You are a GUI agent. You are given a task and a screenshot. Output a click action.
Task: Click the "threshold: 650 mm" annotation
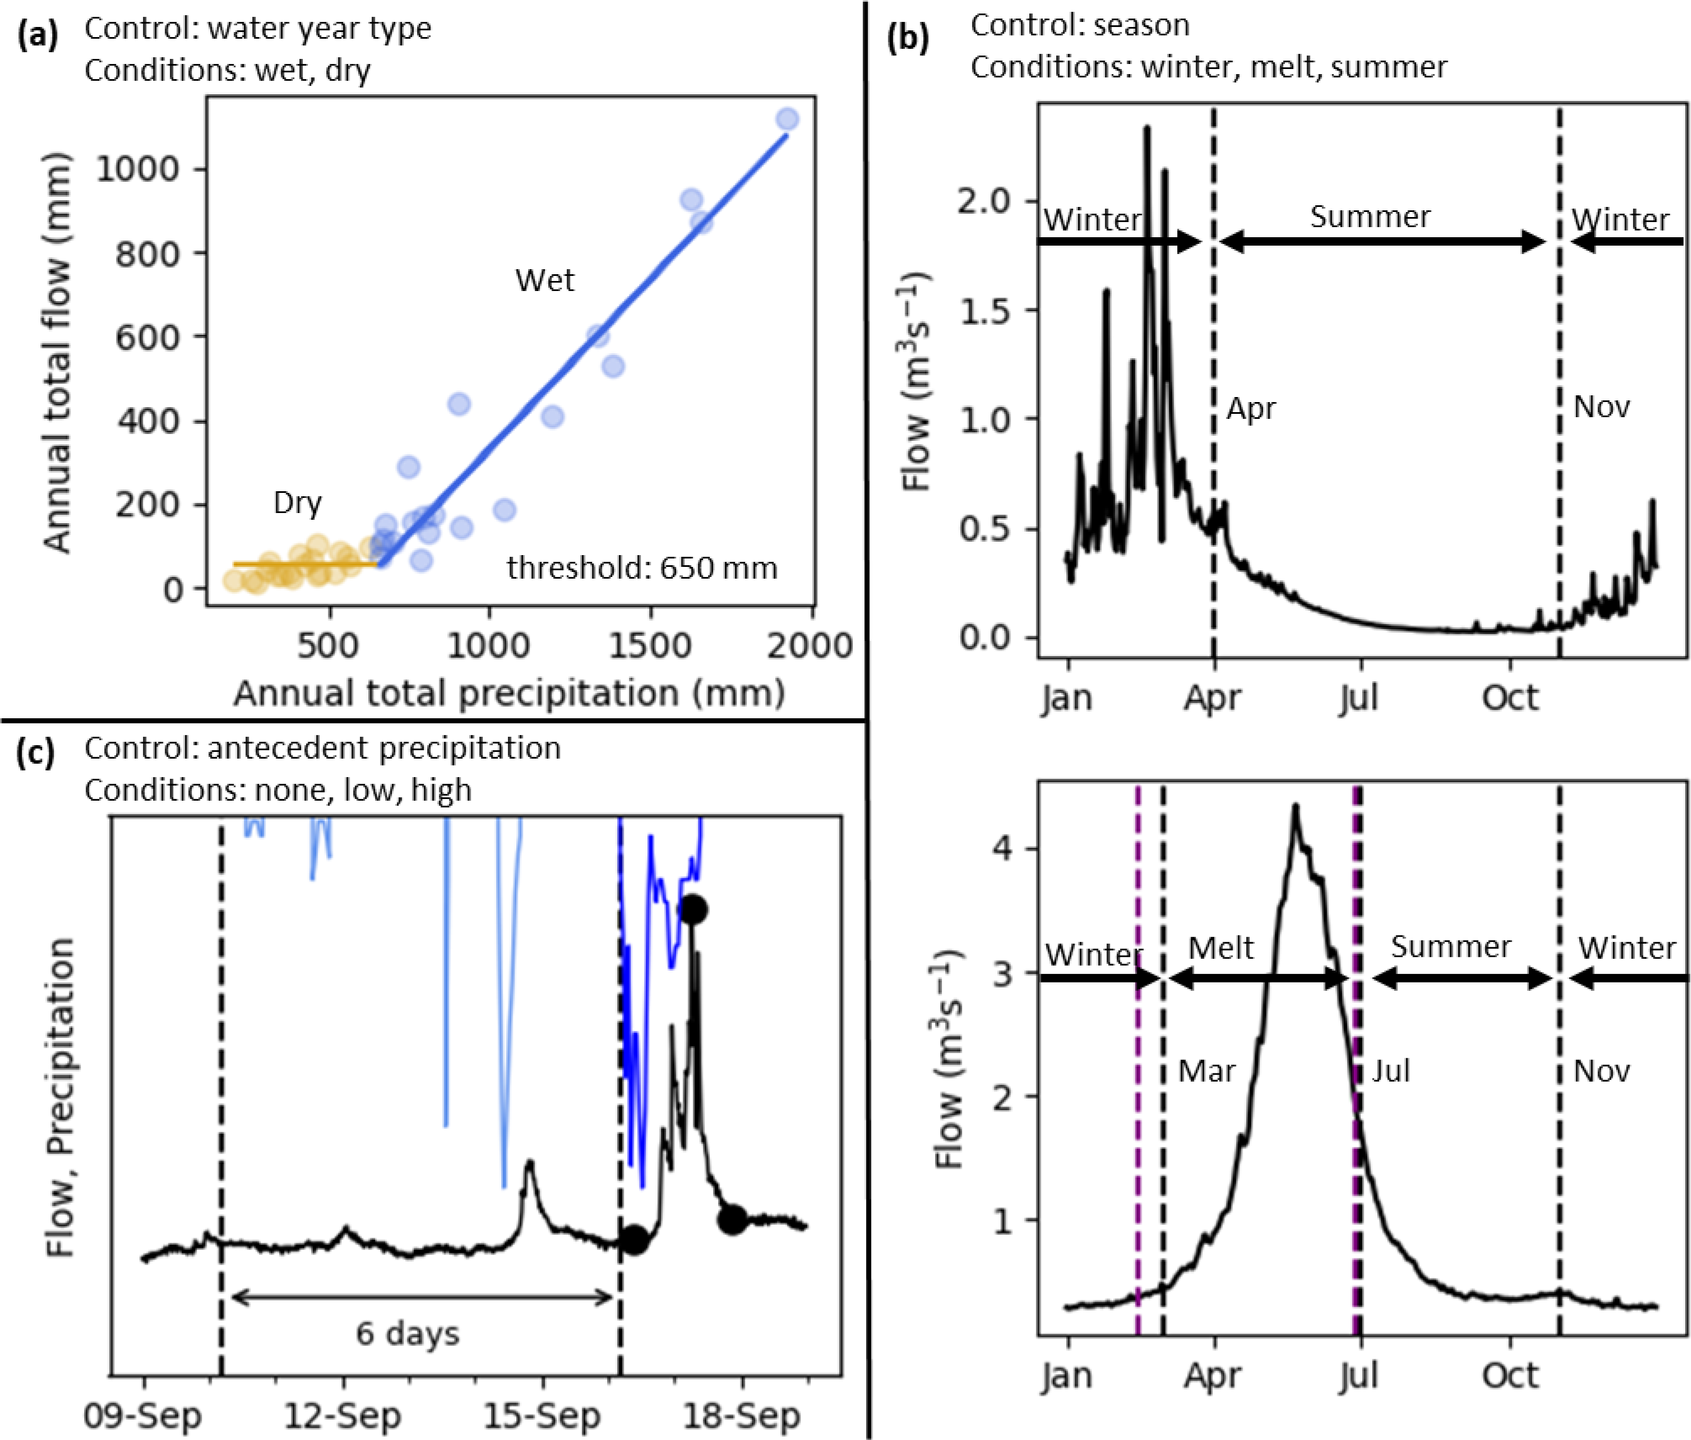pyautogui.click(x=642, y=569)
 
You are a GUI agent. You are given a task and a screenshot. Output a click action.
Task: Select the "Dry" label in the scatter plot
pyautogui.click(x=298, y=503)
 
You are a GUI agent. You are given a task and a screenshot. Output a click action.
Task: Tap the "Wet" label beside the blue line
pyautogui.click(x=545, y=280)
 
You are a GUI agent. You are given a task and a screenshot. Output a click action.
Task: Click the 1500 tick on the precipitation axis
pyautogui.click(x=650, y=646)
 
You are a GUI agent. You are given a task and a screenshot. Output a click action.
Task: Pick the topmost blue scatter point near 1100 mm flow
pyautogui.click(x=787, y=120)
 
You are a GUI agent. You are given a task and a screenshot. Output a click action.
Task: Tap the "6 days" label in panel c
pyautogui.click(x=408, y=1334)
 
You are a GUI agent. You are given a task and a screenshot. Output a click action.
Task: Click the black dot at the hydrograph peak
pyautogui.click(x=694, y=909)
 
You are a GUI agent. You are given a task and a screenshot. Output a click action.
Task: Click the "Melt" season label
pyautogui.click(x=1221, y=949)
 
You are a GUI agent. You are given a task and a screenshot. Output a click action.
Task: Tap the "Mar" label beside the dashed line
pyautogui.click(x=1207, y=1072)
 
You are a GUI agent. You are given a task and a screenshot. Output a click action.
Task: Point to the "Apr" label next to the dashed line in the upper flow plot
pyautogui.click(x=1251, y=409)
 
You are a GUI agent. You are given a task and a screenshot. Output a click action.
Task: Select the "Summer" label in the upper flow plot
pyautogui.click(x=1370, y=217)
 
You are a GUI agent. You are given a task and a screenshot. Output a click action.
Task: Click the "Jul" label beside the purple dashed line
pyautogui.click(x=1391, y=1072)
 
